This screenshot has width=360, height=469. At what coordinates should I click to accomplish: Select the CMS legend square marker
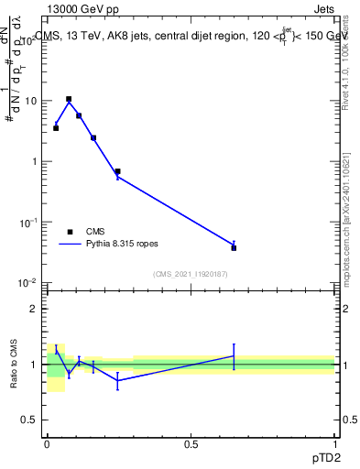(70, 232)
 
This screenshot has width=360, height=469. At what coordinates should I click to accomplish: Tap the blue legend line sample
(70, 245)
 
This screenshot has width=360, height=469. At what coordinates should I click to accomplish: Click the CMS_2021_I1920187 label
(190, 273)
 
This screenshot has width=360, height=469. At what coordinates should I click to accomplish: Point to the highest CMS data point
(69, 99)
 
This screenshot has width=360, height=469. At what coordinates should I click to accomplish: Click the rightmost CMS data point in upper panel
(234, 247)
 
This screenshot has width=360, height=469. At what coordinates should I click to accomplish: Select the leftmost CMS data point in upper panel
(56, 128)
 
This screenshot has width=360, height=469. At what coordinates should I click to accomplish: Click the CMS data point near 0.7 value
(117, 171)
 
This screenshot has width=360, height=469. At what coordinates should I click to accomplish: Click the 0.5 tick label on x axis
(191, 444)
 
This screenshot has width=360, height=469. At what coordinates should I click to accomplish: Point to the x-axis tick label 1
(334, 444)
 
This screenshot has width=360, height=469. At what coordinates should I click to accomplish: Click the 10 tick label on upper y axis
(31, 101)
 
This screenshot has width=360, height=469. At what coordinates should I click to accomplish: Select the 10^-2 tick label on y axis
(29, 283)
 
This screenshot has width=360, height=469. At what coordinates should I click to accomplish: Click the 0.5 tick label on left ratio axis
(29, 420)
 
